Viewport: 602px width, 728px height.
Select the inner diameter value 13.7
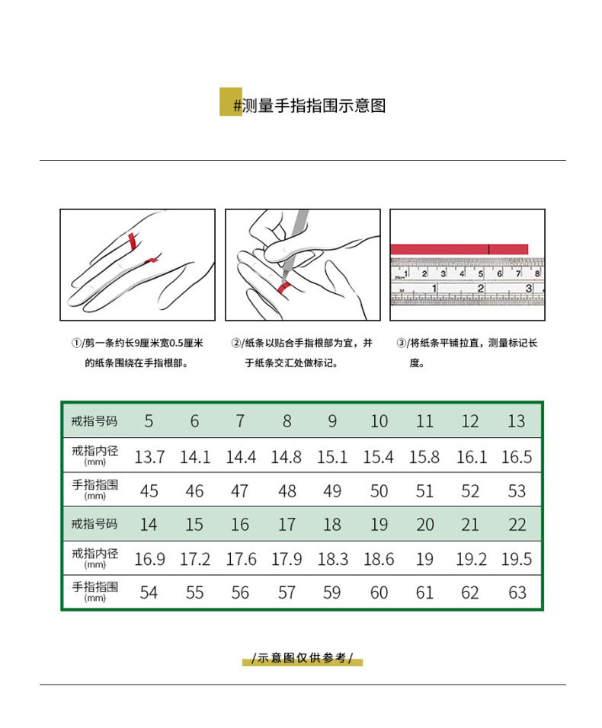[x=149, y=458]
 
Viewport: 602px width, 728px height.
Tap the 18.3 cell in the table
[x=332, y=560]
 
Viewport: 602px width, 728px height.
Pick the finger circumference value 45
[x=149, y=491]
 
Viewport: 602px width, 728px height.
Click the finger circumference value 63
[x=517, y=592]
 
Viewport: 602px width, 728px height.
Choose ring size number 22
[x=517, y=525]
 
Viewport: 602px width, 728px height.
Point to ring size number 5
[x=149, y=421]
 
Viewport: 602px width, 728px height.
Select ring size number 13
[x=517, y=421]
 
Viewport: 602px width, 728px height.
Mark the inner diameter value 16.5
[x=517, y=458]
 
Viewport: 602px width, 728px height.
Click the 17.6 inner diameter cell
[x=241, y=560]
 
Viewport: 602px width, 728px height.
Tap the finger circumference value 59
[x=332, y=592]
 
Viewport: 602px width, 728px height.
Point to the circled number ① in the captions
[x=76, y=343]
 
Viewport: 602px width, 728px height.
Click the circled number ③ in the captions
[x=401, y=343]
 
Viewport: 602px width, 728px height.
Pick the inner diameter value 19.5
[x=517, y=560]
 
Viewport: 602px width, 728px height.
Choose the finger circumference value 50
[x=379, y=491]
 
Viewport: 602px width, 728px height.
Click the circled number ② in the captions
[x=236, y=343]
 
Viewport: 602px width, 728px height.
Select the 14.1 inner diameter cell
[x=195, y=458]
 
